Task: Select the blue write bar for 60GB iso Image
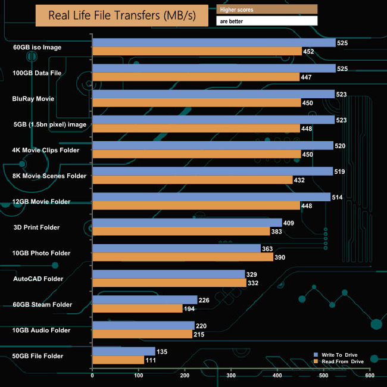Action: click(214, 43)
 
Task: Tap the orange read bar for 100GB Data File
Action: click(196, 77)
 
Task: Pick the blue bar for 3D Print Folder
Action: click(187, 223)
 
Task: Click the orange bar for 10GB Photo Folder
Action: click(183, 257)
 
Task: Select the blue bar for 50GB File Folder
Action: click(124, 351)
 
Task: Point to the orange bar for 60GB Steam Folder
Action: click(138, 308)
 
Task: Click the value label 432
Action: click(301, 180)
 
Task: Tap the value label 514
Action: click(338, 197)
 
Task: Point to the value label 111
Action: click(153, 360)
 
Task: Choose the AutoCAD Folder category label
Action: click(38, 278)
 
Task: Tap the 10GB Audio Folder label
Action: click(42, 330)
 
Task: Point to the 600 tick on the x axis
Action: click(370, 376)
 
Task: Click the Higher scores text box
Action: click(267, 9)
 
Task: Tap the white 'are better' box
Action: click(267, 21)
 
